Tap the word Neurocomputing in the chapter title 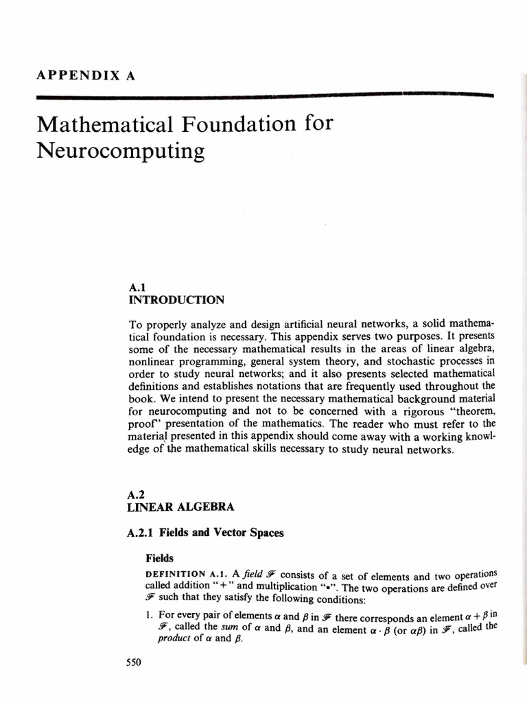[x=120, y=150]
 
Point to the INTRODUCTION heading [x=176, y=300]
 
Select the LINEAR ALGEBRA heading [x=181, y=507]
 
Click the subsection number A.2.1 [x=142, y=532]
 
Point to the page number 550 [x=133, y=662]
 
